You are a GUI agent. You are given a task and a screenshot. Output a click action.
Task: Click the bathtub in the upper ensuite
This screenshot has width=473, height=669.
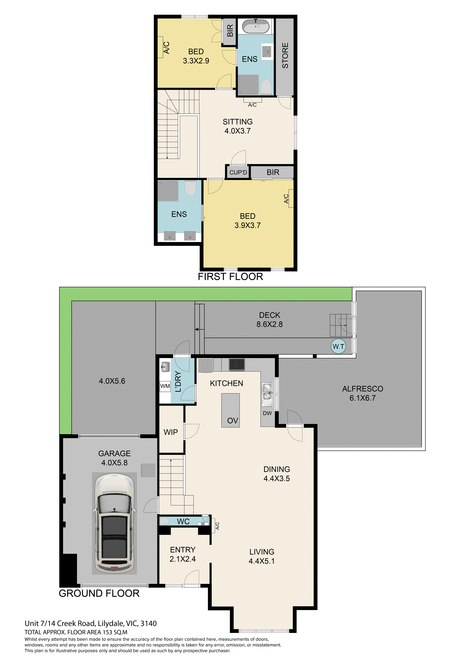(x=256, y=26)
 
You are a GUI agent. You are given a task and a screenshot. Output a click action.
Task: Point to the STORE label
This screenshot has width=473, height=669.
(x=285, y=56)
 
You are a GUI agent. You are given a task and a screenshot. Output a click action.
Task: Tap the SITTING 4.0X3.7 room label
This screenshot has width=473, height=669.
(x=238, y=126)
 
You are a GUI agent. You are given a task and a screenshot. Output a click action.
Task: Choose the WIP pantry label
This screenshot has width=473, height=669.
(x=171, y=432)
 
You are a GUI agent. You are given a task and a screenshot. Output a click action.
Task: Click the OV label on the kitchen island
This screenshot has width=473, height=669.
(x=233, y=421)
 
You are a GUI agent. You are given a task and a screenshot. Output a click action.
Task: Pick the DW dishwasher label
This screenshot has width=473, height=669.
(x=267, y=413)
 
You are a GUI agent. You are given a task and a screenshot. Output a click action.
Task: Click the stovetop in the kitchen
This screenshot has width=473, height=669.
(x=237, y=364)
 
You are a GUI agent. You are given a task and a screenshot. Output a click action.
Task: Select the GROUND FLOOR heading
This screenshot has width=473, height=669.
(x=99, y=593)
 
